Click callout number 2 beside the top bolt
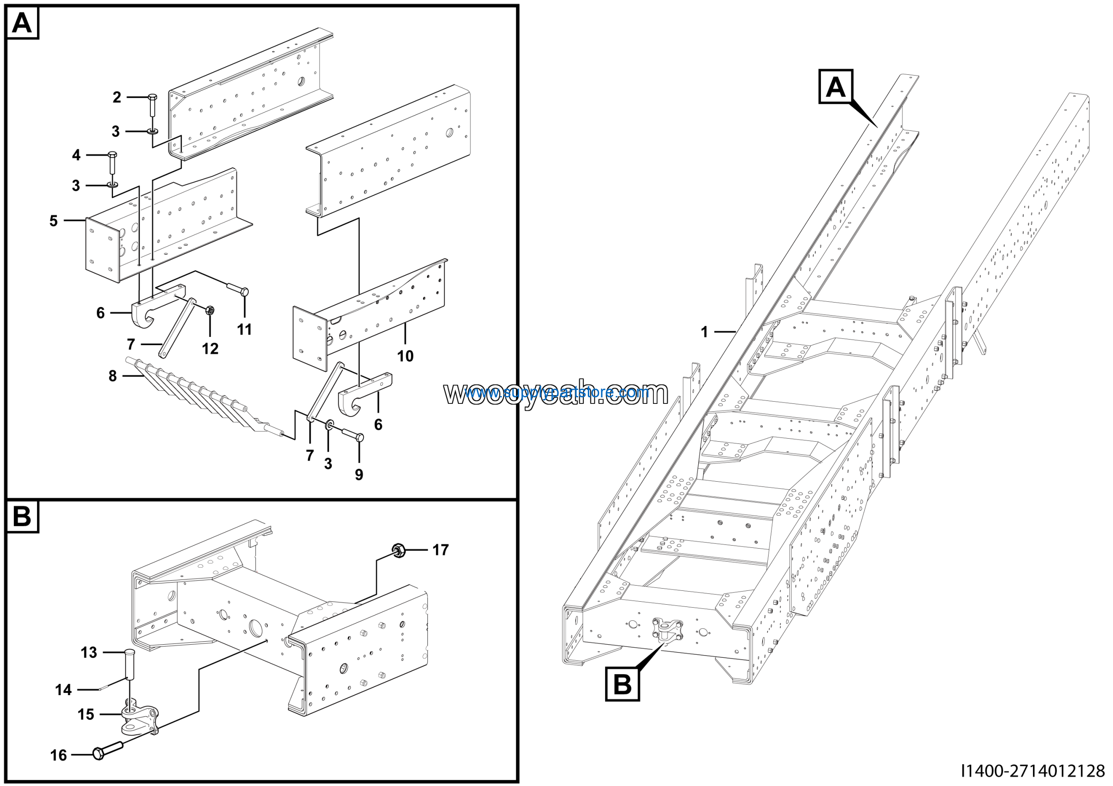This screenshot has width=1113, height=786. (117, 97)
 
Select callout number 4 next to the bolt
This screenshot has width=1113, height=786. (76, 155)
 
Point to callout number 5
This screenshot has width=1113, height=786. (53, 221)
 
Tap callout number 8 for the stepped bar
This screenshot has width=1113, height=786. (113, 376)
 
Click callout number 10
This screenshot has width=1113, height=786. (405, 356)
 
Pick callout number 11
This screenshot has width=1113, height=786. (244, 330)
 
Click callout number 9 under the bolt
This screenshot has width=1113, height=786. (359, 474)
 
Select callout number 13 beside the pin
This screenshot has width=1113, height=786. (89, 653)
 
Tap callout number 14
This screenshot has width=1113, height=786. (63, 689)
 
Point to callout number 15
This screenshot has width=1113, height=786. (86, 714)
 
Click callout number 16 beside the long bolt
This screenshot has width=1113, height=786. (59, 755)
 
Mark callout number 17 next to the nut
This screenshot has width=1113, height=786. (440, 550)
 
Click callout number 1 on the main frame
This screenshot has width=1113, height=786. (704, 332)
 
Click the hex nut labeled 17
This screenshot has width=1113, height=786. (399, 550)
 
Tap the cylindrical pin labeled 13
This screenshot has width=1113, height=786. (130, 664)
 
